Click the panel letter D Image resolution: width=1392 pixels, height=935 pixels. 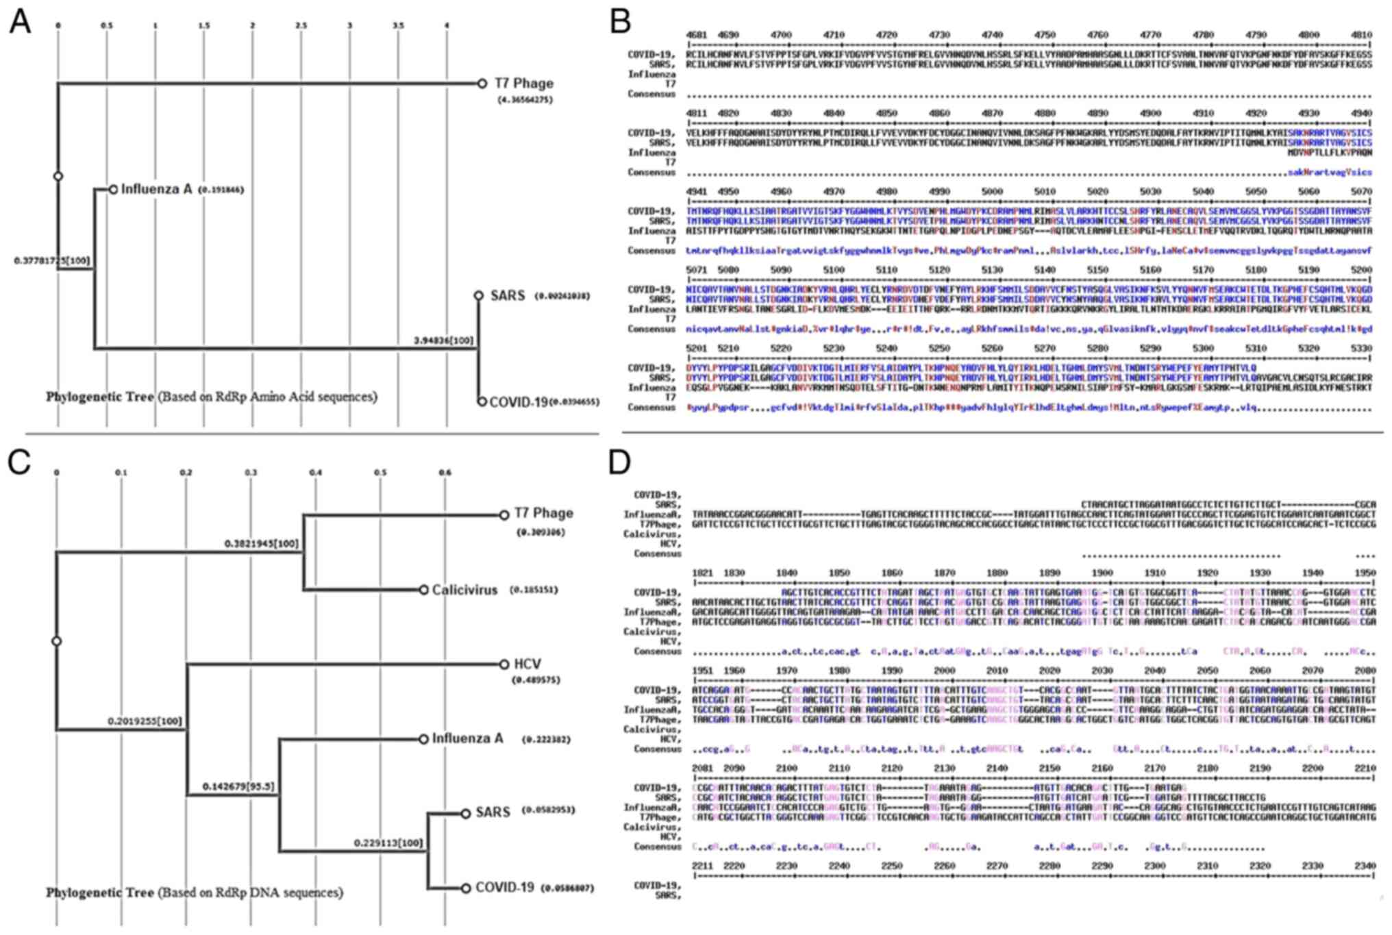pyautogui.click(x=619, y=463)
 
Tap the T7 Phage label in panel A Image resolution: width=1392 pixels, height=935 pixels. pyautogui.click(x=524, y=84)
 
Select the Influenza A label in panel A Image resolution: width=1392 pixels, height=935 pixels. pyautogui.click(x=156, y=188)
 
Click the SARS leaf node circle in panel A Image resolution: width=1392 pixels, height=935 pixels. pyautogui.click(x=479, y=296)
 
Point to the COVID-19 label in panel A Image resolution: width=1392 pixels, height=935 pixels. pyautogui.click(x=519, y=402)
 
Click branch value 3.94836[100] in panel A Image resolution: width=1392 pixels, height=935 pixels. pyautogui.click(x=443, y=340)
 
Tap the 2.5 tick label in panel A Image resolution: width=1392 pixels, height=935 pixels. pyautogui.click(x=301, y=26)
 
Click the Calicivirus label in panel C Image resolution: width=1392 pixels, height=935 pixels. pyautogui.click(x=464, y=590)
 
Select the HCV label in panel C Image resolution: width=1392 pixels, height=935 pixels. pyautogui.click(x=527, y=664)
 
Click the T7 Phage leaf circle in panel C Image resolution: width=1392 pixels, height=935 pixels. pyautogui.click(x=504, y=514)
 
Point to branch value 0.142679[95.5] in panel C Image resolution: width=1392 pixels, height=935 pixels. pyautogui.click(x=238, y=787)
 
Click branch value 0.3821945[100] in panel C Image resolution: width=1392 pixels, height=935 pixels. pyautogui.click(x=262, y=544)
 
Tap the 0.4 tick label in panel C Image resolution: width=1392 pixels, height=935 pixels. pyautogui.click(x=315, y=473)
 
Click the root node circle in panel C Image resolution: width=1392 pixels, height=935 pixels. pyautogui.click(x=57, y=641)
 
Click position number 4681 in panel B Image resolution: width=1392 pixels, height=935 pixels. pyautogui.click(x=695, y=34)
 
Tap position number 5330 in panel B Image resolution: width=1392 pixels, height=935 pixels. pyautogui.click(x=1362, y=348)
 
